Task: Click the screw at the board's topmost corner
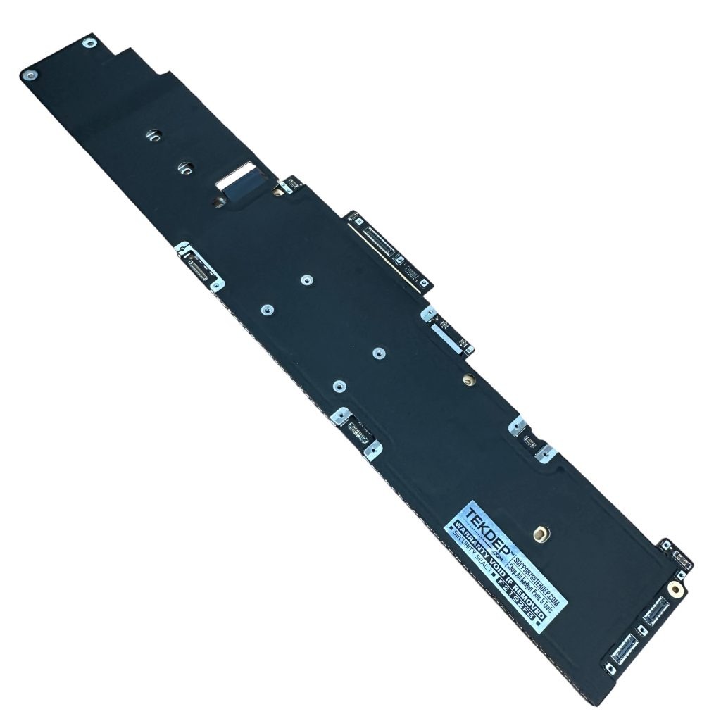coord(89,44)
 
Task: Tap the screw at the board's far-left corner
coord(30,73)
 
